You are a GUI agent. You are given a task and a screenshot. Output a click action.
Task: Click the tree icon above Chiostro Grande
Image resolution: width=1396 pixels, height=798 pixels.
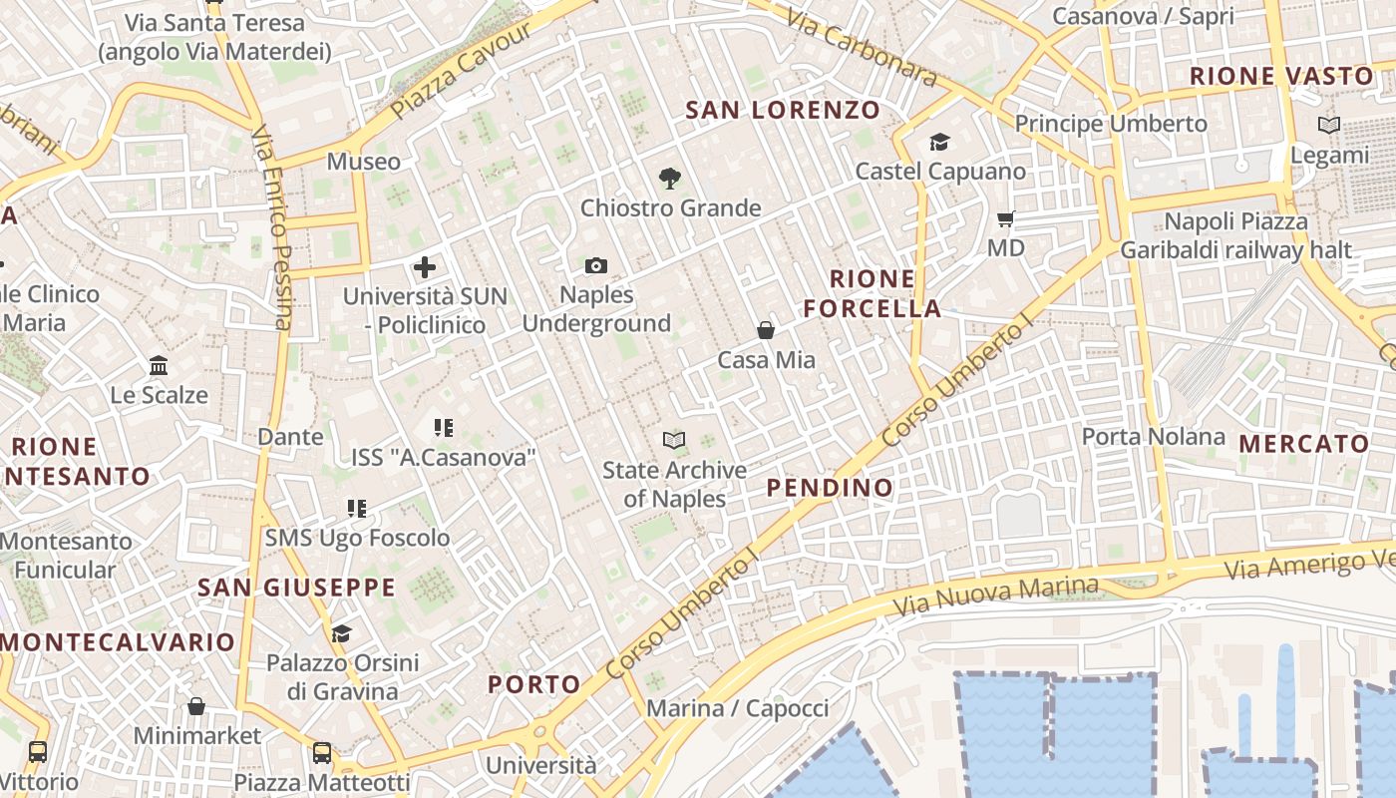coord(670,179)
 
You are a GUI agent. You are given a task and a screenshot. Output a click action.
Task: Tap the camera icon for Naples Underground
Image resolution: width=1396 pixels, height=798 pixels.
coord(596,265)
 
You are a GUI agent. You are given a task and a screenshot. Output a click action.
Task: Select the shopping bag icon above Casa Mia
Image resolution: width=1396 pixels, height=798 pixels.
coord(766,330)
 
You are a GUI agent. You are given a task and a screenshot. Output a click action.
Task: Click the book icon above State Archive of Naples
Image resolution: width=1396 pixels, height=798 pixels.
coord(674,440)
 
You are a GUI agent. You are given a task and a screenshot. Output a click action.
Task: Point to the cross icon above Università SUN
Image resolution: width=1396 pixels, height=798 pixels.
coord(425,266)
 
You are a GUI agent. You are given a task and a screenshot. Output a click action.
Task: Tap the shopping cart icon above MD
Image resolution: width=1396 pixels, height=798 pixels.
coord(1005,217)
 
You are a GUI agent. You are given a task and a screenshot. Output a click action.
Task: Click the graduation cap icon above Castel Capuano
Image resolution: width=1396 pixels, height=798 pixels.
coord(939,142)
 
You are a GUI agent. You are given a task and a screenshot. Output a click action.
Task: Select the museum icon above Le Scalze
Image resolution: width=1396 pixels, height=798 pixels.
coord(159,365)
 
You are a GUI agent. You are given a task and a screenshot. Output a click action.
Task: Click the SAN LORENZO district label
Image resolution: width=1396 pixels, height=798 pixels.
coord(783,110)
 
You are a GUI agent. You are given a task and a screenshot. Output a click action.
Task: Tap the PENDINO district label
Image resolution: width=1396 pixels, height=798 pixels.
coord(830,487)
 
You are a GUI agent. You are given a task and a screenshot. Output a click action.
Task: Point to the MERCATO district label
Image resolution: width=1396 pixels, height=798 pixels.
coord(1303,444)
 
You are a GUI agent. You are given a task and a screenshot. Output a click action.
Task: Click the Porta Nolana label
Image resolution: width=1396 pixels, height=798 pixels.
coord(1153,436)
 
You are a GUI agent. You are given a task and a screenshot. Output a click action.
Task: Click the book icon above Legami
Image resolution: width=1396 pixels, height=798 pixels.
coord(1328,126)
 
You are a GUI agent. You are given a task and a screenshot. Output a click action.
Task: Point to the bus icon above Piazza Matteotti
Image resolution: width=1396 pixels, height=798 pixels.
coord(321,752)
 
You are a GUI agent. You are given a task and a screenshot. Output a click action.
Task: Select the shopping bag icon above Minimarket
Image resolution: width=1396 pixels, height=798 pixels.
coord(196,706)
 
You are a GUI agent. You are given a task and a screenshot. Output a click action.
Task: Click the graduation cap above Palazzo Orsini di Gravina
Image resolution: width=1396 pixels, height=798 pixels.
coord(341,633)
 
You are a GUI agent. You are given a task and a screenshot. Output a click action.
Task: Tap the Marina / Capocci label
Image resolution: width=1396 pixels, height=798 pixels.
coord(738,708)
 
